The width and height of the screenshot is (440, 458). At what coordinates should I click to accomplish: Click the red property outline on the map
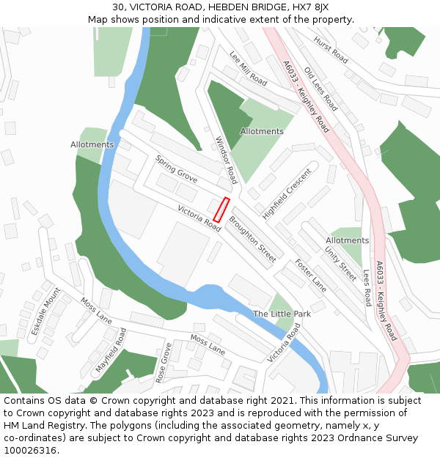pos(221,210)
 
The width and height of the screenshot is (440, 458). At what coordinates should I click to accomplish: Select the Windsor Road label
pos(226,160)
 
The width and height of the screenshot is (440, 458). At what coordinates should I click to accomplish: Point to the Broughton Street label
pos(252,239)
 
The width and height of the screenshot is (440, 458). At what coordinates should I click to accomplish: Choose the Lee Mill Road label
pos(248,69)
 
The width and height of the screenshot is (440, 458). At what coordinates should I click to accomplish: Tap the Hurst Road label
pos(331,48)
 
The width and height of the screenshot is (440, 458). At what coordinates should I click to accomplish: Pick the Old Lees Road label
pos(320,88)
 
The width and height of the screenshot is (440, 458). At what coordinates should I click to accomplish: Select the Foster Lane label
pos(310,276)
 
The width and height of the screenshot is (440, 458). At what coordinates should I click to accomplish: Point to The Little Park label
pos(282,314)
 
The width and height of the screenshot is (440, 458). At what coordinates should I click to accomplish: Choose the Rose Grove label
pos(162,362)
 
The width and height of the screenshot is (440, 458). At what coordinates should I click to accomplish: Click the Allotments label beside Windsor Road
pos(262,132)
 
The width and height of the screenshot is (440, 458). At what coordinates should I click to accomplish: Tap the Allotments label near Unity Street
pos(347,240)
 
